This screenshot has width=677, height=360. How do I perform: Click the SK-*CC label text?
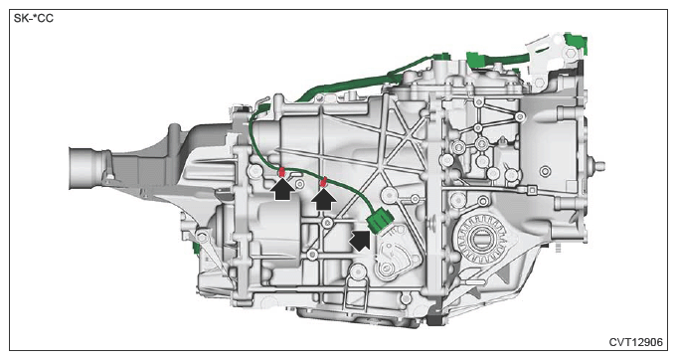[34, 19]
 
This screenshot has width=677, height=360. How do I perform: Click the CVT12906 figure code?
[635, 342]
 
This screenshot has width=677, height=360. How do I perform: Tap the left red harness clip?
[281, 172]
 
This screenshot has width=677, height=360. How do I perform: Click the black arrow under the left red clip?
[282, 190]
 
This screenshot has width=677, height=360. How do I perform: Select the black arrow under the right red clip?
[324, 200]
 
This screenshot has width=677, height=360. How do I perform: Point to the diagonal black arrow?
[361, 240]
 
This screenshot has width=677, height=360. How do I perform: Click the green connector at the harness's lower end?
[380, 220]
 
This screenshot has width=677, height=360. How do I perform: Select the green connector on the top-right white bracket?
[577, 43]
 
